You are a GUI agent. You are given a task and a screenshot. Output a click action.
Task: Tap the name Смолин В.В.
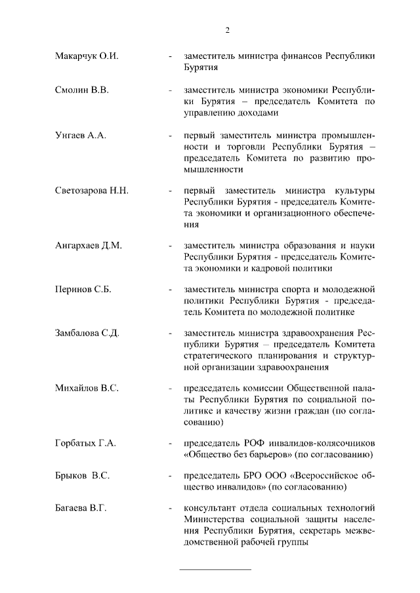pos(81,90)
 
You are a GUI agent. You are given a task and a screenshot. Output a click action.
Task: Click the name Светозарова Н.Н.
pos(92,191)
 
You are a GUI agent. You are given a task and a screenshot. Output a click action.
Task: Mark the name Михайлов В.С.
pos(87,389)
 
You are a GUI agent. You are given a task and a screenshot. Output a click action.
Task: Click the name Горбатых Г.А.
pos(85,444)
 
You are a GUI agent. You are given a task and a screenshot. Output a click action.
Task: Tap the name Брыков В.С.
pos(82,476)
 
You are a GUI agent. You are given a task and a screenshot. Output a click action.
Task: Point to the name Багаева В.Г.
pos(81,508)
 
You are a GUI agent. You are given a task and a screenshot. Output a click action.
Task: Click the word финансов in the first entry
pos(307,57)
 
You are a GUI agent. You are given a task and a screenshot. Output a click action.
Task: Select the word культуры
pos(355,191)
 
